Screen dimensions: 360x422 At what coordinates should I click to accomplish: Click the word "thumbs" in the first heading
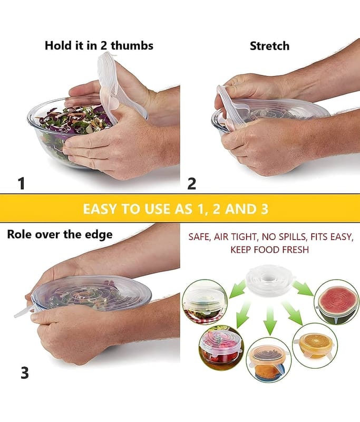tap(132, 45)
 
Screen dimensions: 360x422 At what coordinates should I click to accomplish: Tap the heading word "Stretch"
tap(270, 46)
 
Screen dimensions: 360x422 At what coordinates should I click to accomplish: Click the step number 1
tap(22, 184)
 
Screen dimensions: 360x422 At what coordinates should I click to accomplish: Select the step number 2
tap(191, 184)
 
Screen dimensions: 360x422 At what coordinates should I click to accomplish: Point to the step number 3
tap(24, 373)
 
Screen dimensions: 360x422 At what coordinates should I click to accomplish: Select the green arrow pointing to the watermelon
tap(303, 289)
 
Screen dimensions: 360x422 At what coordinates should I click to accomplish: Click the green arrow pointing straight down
tap(270, 321)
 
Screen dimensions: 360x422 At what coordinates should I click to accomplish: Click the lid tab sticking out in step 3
tap(23, 313)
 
